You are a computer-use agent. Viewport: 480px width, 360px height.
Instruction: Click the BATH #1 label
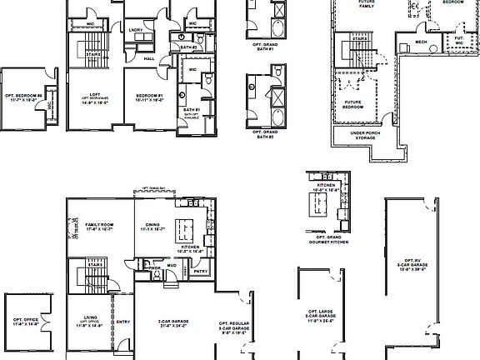pyautogui.click(x=191, y=110)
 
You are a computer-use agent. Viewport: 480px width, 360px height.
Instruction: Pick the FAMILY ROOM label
pyautogui.click(x=98, y=226)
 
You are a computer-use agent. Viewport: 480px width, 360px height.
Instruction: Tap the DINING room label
pyautogui.click(x=153, y=226)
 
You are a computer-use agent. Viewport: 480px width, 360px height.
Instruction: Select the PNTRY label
pyautogui.click(x=200, y=271)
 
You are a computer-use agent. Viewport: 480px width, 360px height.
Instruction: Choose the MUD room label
pyautogui.click(x=171, y=266)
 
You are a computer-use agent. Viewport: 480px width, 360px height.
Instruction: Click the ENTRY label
pyautogui.click(x=123, y=322)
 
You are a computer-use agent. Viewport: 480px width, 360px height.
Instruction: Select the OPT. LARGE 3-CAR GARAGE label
pyautogui.click(x=321, y=317)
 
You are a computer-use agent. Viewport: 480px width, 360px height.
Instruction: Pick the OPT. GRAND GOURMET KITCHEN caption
pyautogui.click(x=320, y=237)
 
